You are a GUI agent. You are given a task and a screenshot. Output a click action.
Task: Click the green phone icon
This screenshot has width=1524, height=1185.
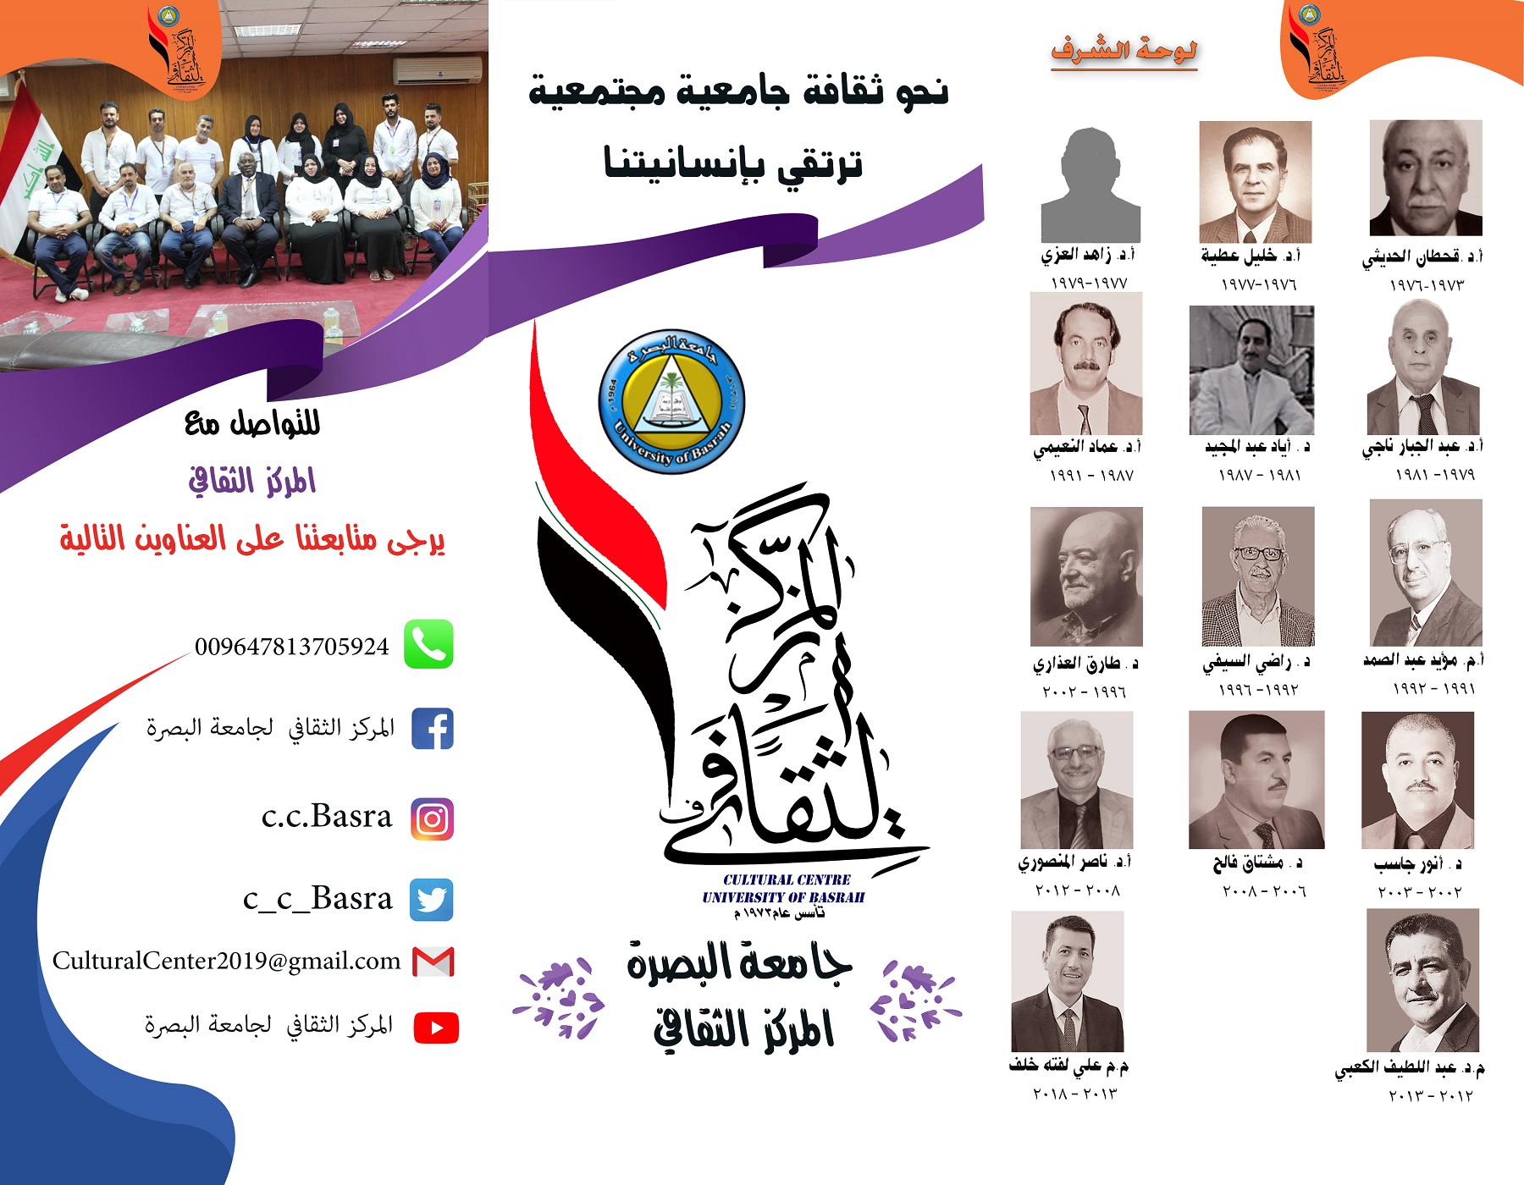tap(428, 644)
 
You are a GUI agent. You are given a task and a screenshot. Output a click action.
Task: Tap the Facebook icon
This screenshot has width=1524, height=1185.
tap(433, 729)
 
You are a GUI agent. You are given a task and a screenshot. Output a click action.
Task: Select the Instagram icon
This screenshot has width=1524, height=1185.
tap(432, 818)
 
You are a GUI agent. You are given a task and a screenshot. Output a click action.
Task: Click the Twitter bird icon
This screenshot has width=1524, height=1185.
tap(432, 899)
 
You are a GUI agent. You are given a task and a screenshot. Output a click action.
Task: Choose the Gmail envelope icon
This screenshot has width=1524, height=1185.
tap(433, 962)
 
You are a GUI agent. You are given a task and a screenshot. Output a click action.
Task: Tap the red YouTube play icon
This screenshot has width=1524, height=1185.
tap(436, 1028)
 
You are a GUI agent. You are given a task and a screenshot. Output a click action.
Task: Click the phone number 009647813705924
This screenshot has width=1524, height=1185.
tap(292, 647)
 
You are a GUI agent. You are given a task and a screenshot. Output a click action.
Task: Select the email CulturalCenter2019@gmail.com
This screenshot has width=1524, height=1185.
tap(227, 961)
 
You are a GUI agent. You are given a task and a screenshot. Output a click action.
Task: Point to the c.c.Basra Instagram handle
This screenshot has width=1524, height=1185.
tap(327, 816)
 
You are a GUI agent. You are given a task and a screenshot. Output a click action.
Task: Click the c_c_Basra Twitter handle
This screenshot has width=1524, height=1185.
tap(317, 899)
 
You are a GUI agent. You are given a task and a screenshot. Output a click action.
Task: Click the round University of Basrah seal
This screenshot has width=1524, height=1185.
tap(671, 401)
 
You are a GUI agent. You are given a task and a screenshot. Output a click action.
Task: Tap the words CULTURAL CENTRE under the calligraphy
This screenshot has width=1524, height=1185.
tap(787, 879)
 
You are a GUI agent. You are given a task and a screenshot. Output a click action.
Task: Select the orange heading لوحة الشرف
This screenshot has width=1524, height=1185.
tap(1124, 51)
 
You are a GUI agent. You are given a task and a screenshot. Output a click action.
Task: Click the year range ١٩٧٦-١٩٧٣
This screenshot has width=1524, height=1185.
tap(1427, 285)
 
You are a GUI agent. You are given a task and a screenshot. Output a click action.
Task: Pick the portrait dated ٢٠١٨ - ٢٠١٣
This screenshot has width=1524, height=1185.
tap(1068, 982)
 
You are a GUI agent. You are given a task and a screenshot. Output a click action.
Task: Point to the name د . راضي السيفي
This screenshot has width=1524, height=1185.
tap(1256, 663)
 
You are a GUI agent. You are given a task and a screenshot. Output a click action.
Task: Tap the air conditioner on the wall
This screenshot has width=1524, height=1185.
tap(437, 69)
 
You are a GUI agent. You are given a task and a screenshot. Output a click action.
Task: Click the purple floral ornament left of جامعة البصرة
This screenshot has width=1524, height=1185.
tap(559, 999)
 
